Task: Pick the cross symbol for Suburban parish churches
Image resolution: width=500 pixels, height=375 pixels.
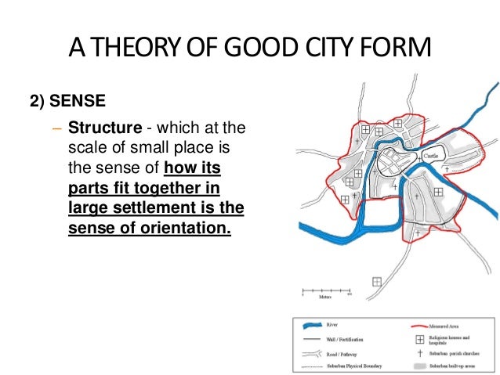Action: tap(420, 354)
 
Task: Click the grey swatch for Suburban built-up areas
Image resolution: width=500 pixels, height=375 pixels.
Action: tap(420, 366)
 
